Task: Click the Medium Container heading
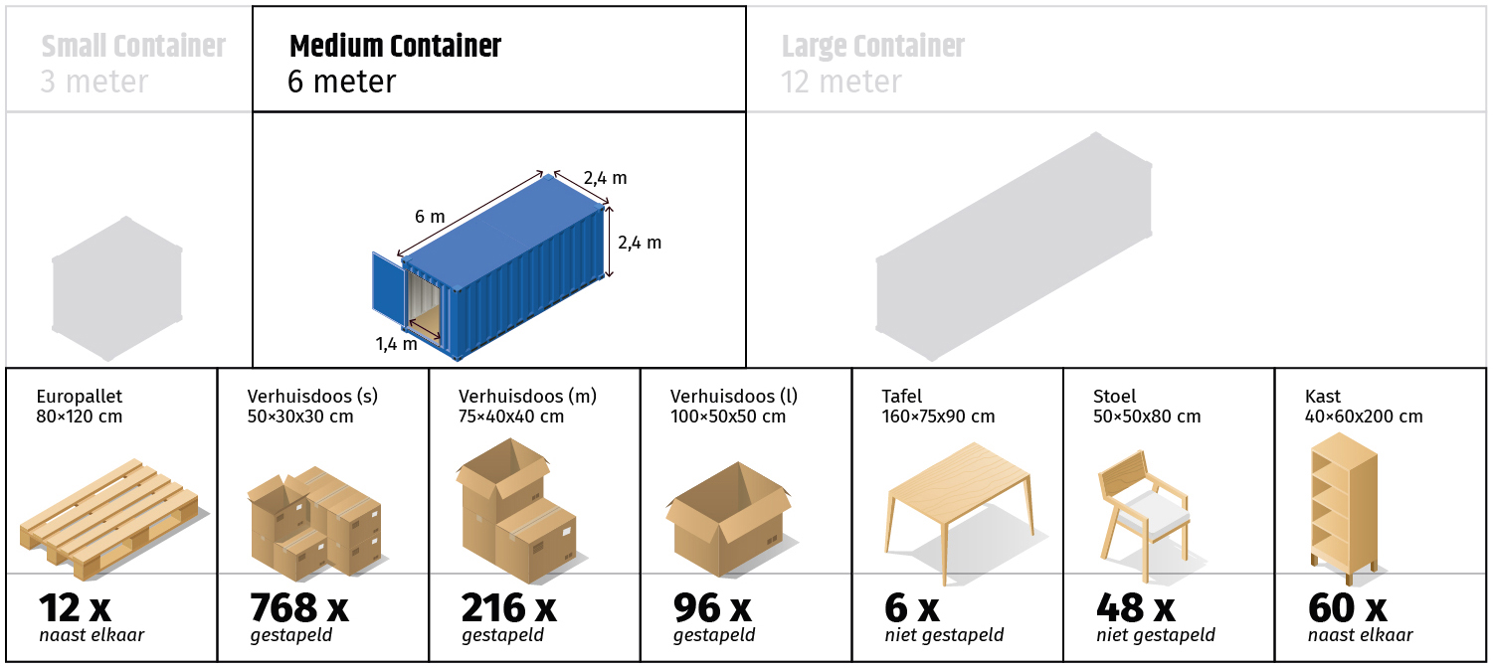(x=395, y=47)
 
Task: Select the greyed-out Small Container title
(x=133, y=47)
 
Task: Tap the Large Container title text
(x=873, y=47)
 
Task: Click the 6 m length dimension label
(x=430, y=217)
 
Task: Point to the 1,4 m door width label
(x=396, y=344)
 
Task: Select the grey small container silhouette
(x=117, y=287)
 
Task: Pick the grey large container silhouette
(x=1014, y=247)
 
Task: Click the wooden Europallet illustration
(x=110, y=518)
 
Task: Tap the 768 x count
(x=299, y=607)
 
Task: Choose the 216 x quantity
(x=508, y=607)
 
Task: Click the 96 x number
(x=712, y=607)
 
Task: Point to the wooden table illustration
(x=960, y=510)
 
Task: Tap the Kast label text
(x=1322, y=397)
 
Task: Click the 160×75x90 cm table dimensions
(x=938, y=417)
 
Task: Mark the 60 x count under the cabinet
(x=1347, y=607)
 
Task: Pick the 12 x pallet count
(x=75, y=607)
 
